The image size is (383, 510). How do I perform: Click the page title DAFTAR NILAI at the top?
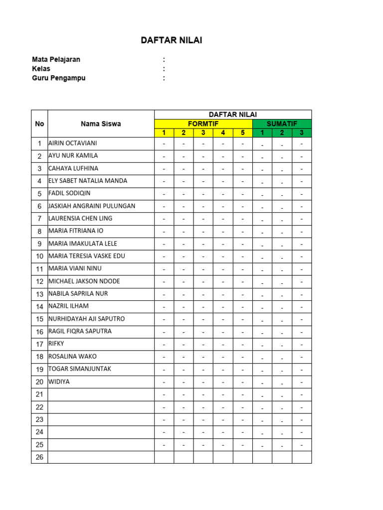172,41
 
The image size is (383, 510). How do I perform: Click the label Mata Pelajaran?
56,59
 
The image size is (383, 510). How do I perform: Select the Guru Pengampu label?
59,78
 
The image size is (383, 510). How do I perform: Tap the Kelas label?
41,69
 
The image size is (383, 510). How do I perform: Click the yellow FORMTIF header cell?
203,124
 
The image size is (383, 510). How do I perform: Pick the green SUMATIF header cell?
282,124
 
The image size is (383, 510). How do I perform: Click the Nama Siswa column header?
101,124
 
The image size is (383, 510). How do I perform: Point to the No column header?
39,124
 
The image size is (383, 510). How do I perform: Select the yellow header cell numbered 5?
242,132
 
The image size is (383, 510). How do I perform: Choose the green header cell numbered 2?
282,132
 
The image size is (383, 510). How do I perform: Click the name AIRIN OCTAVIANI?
73,143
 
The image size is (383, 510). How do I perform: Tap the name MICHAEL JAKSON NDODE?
84,281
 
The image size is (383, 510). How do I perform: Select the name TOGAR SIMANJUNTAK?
80,369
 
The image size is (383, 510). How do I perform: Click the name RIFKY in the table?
56,344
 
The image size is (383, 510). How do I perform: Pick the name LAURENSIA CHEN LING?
80,218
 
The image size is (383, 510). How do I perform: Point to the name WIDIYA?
59,382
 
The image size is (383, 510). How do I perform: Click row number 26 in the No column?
39,457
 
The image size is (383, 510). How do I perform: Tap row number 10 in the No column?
39,256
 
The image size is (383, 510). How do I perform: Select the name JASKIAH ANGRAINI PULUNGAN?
92,206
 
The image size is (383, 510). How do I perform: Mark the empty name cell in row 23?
101,419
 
